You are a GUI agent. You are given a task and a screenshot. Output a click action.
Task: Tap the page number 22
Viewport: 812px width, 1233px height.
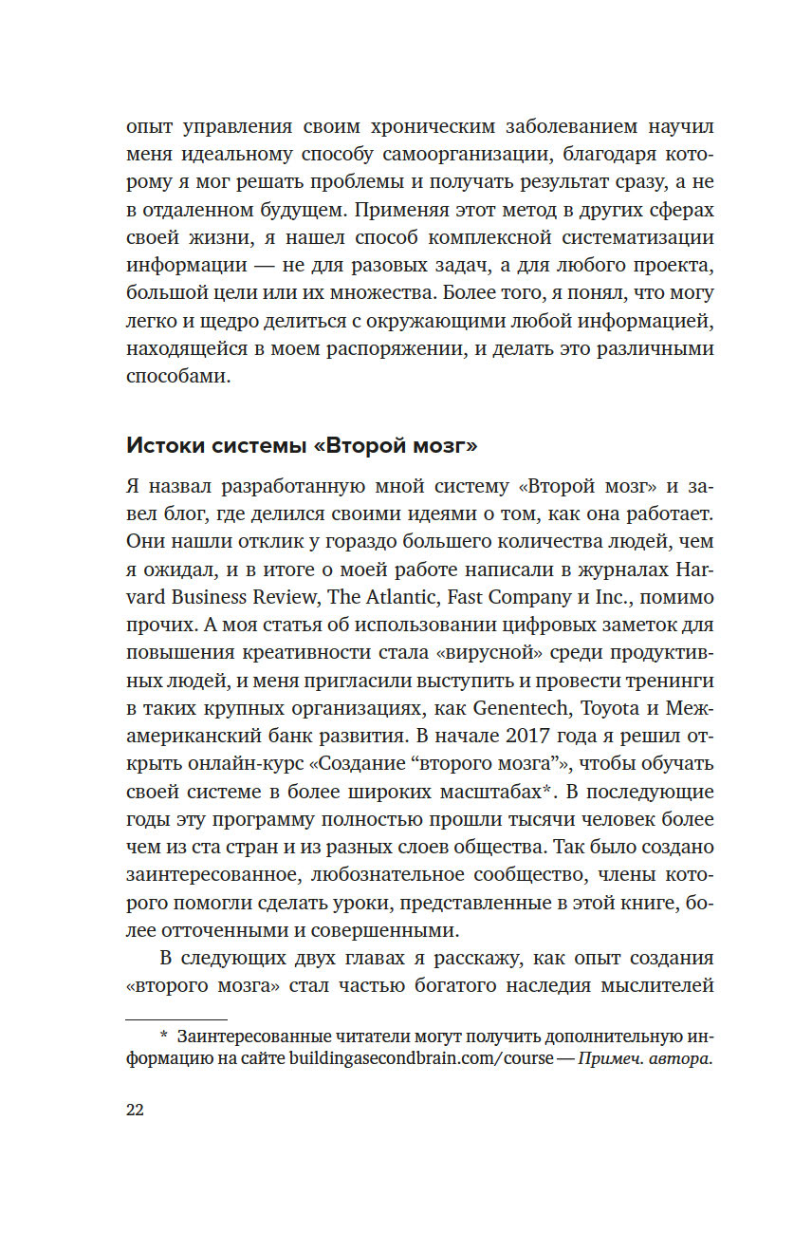(x=135, y=1111)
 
